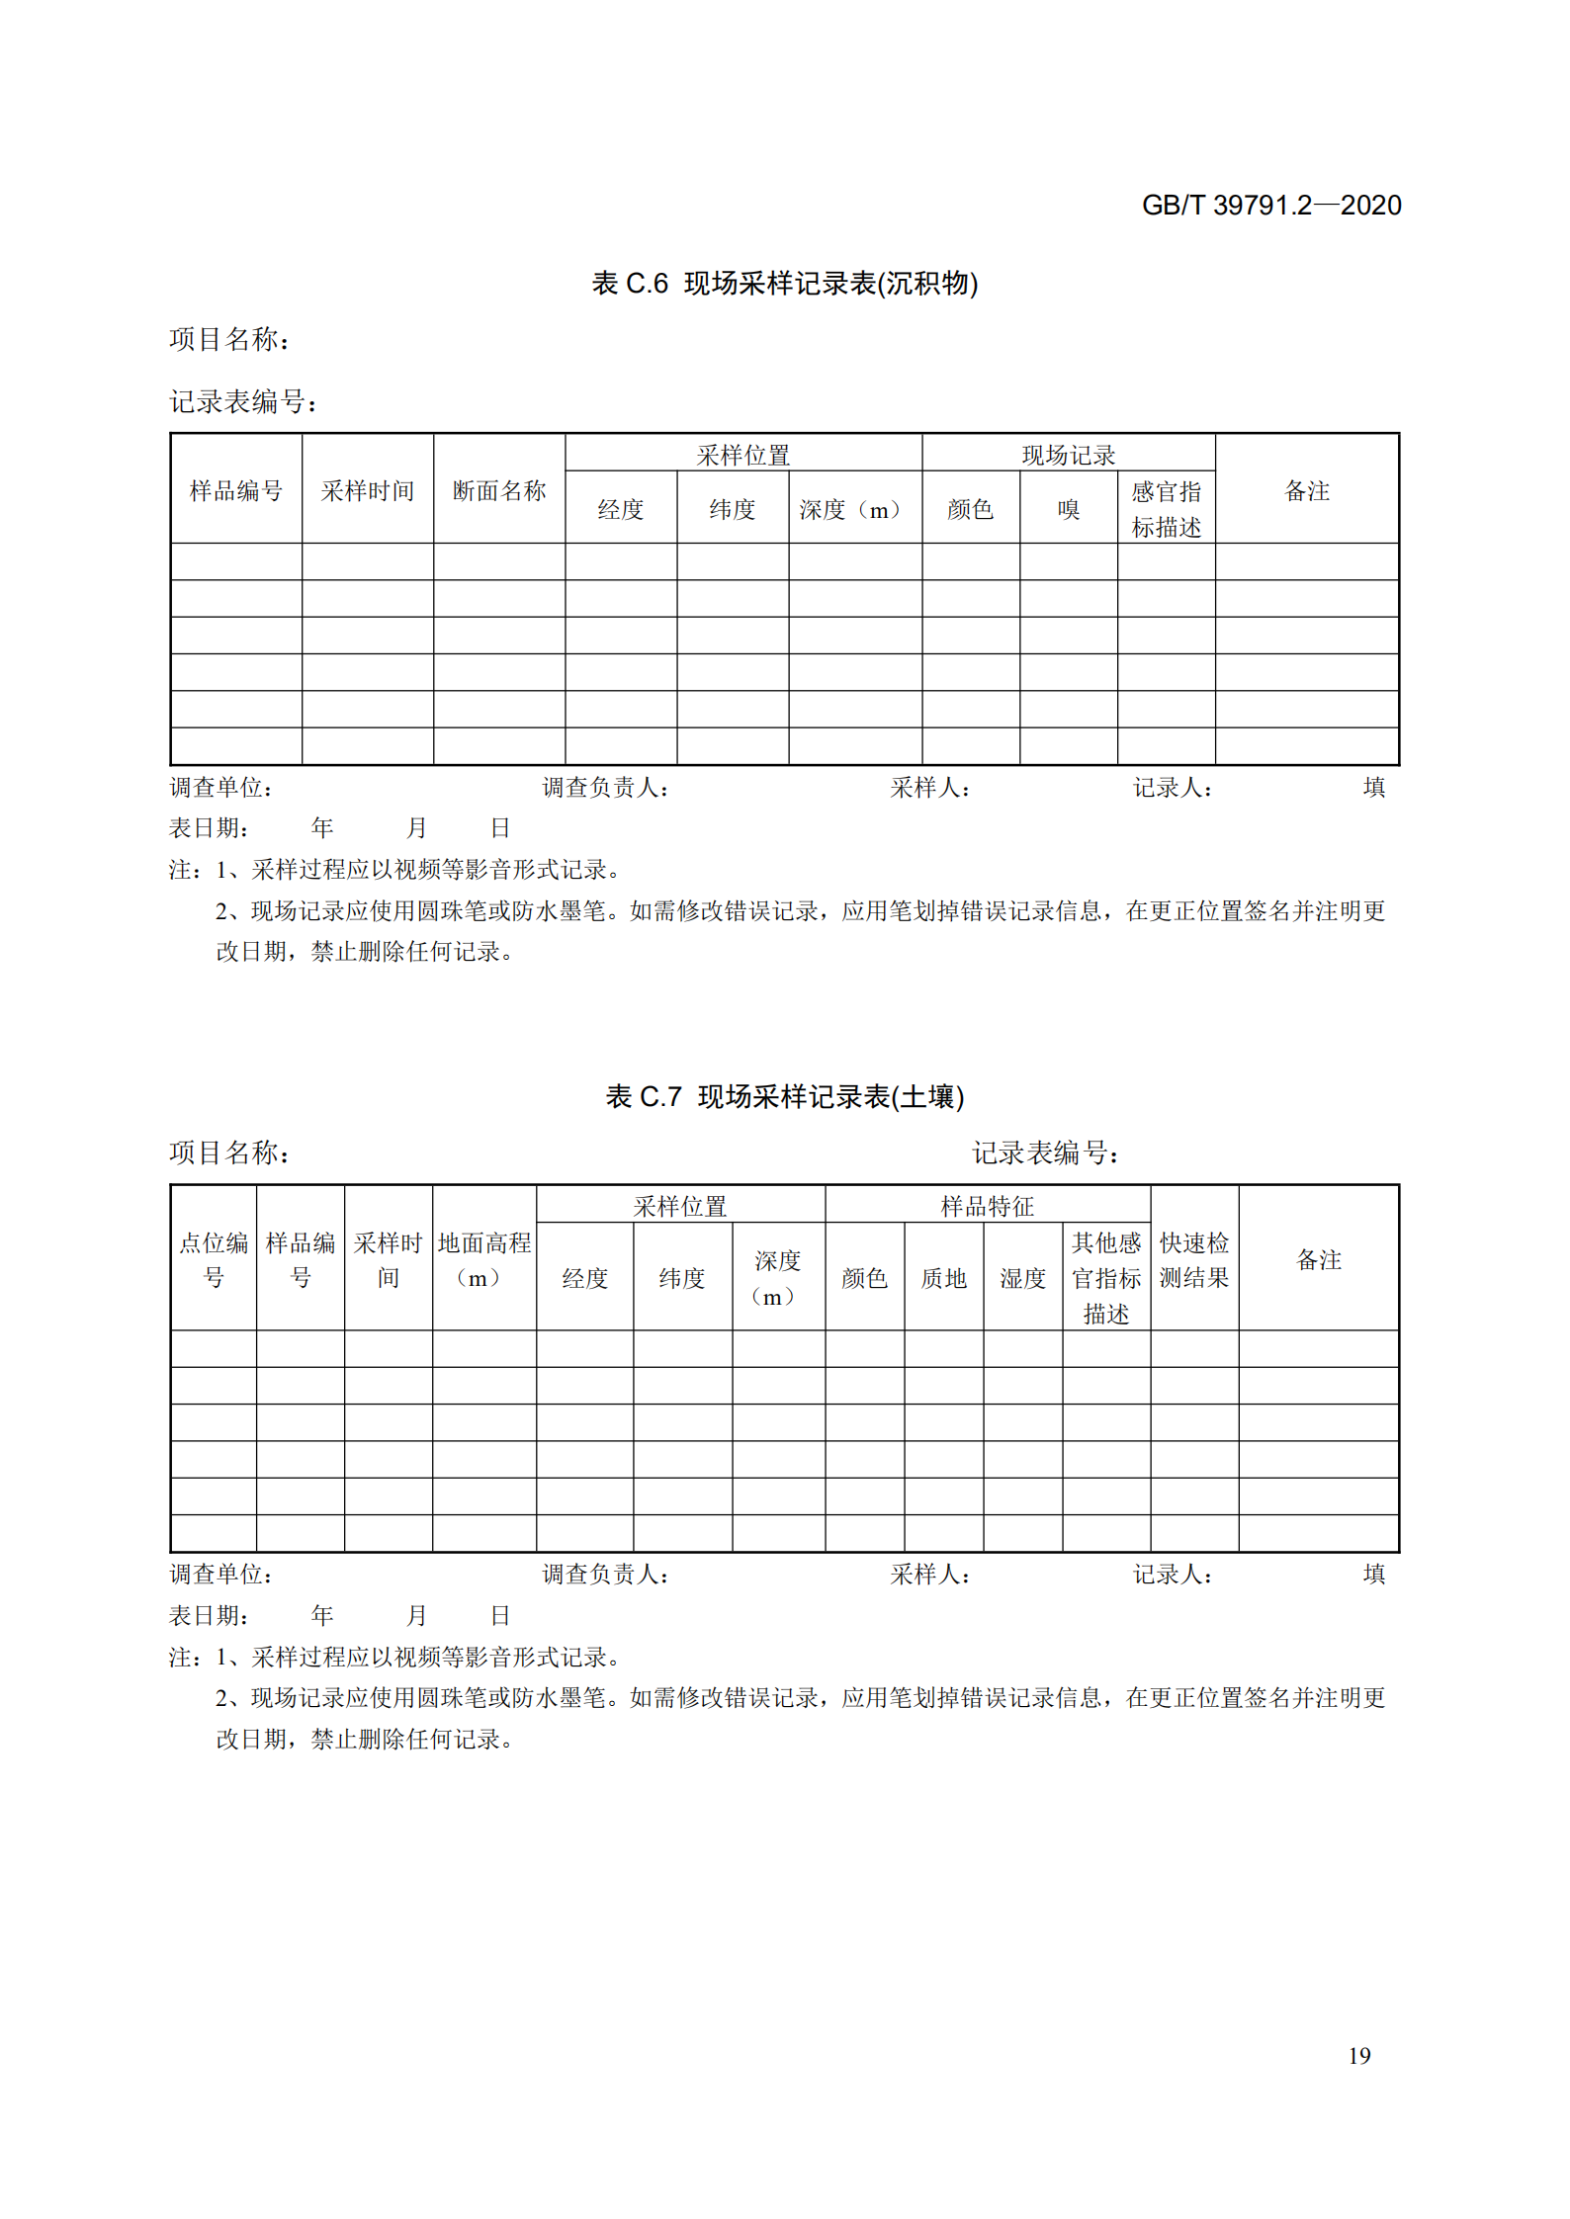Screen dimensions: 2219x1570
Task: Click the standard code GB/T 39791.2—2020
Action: [1270, 205]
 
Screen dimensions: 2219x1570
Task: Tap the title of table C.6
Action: [784, 284]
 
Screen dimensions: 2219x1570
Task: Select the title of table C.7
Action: [784, 1096]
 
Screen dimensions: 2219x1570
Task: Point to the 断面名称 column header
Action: [499, 490]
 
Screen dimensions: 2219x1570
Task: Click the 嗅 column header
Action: [1068, 509]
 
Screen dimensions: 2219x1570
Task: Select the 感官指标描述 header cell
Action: [1166, 509]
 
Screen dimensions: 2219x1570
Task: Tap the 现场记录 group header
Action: [1068, 455]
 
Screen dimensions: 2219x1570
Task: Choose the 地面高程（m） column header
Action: [483, 1259]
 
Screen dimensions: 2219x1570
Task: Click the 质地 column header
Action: [943, 1278]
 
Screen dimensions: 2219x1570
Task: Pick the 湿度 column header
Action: [1022, 1278]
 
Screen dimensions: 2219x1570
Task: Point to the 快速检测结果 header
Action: [1193, 1259]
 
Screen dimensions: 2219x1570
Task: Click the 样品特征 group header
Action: [987, 1206]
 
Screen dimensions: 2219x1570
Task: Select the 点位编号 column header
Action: [214, 1259]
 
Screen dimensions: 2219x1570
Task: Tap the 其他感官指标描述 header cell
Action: [1105, 1278]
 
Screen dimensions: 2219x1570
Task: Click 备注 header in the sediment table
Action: [1306, 490]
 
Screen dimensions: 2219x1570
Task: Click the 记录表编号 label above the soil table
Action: [1044, 1152]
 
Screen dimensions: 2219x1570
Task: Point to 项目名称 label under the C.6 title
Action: [229, 340]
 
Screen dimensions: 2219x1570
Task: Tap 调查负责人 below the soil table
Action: [605, 1574]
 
